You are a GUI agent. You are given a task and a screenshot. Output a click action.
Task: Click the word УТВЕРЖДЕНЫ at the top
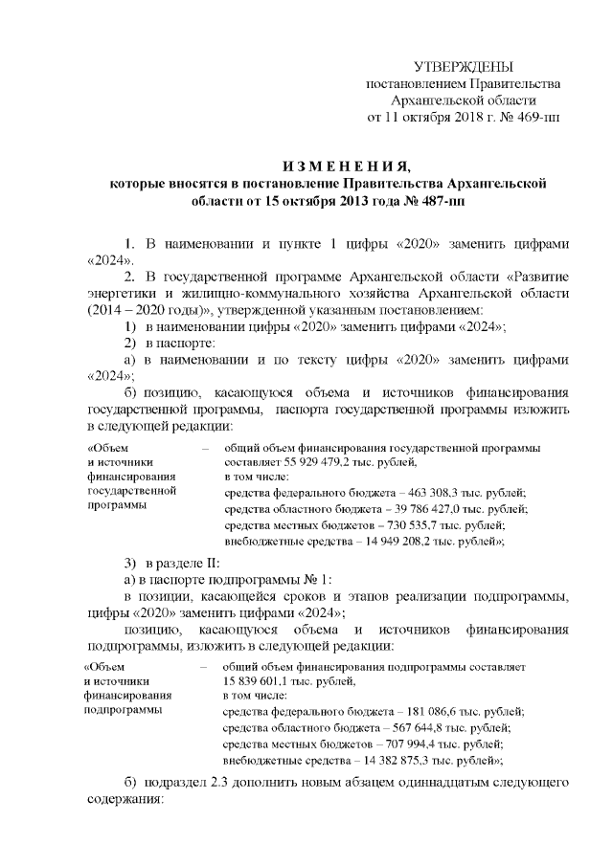(463, 67)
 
